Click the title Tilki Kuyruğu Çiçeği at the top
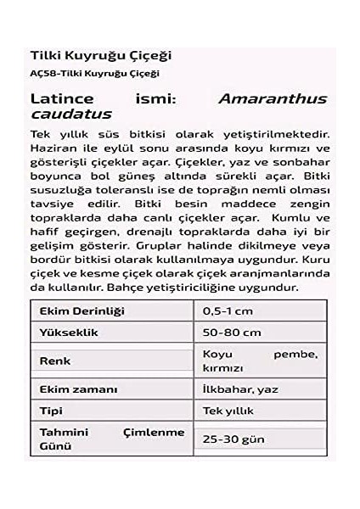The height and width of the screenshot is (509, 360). tap(100, 55)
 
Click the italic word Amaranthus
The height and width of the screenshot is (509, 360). tap(273, 99)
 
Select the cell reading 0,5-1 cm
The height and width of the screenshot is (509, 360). tap(228, 311)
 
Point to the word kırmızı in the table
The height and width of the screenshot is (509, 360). tap(223, 368)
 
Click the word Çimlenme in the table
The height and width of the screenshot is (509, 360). tap(154, 432)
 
